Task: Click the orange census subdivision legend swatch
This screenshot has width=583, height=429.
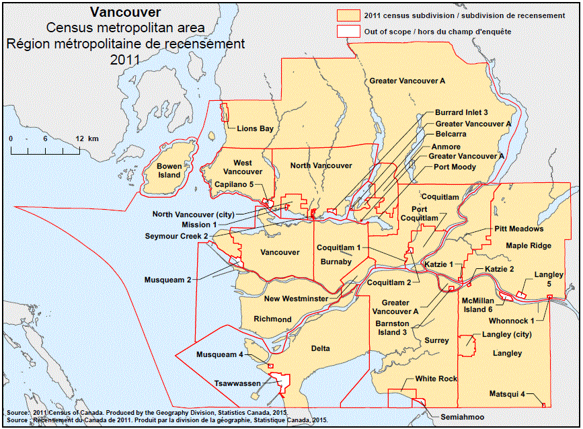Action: pyautogui.click(x=348, y=15)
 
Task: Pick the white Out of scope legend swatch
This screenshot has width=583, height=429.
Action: pyautogui.click(x=348, y=31)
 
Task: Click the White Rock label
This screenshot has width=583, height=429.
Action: pyautogui.click(x=436, y=379)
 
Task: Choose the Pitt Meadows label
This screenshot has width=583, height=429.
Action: pyautogui.click(x=518, y=229)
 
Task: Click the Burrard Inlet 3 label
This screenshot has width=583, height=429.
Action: pyautogui.click(x=461, y=112)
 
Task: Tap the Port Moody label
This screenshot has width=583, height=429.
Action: pyautogui.click(x=455, y=167)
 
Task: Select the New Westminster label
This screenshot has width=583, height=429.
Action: pyautogui.click(x=296, y=299)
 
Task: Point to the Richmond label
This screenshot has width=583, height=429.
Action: pyautogui.click(x=272, y=319)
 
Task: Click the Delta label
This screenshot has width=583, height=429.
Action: pyautogui.click(x=321, y=348)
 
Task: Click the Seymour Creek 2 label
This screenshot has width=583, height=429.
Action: pyautogui.click(x=176, y=236)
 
